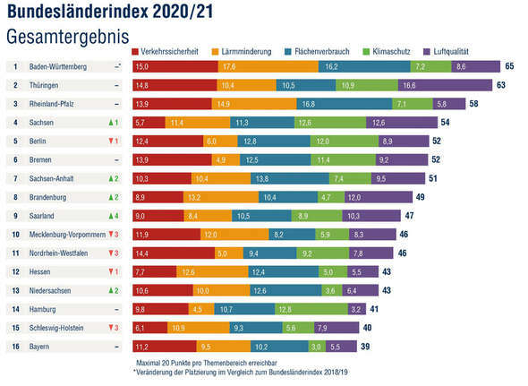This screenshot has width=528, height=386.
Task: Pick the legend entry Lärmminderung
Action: click(250, 53)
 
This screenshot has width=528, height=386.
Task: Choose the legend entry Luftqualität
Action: click(454, 53)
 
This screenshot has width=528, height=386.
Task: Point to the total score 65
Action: click(508, 67)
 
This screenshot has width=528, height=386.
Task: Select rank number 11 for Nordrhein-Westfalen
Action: click(15, 253)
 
